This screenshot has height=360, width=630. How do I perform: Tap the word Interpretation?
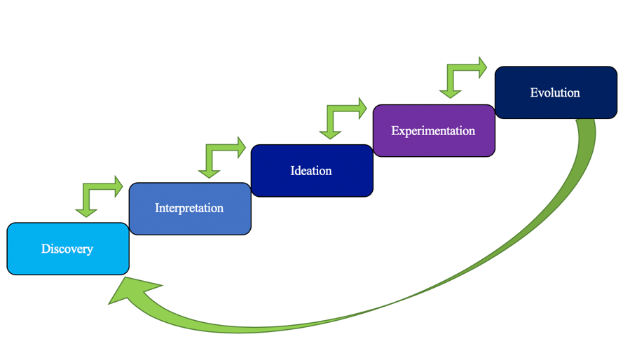coord(189,208)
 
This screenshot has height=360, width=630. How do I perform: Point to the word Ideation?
coord(311,171)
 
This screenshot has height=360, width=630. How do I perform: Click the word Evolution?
coord(555,92)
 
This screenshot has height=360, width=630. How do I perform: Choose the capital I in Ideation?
coord(293,171)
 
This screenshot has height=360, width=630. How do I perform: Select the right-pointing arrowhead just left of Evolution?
coord(481,67)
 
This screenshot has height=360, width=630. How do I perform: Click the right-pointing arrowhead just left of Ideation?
coord(240,147)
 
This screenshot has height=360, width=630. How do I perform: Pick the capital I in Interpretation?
coord(157,208)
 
